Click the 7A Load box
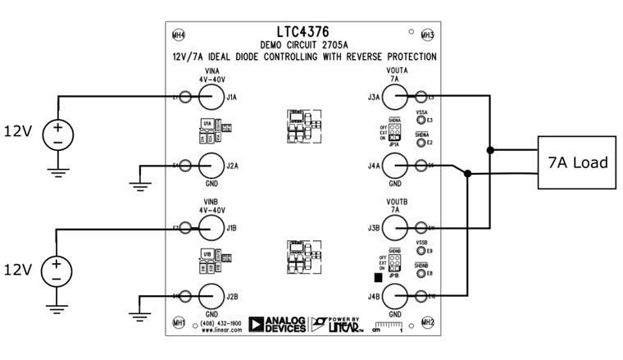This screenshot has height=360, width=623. point(577,162)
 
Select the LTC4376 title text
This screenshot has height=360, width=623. point(303,32)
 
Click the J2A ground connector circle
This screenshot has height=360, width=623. point(211,166)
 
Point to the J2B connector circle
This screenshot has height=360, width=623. point(211,295)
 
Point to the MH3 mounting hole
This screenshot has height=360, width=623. point(427,35)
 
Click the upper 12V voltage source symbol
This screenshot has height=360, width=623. point(57,131)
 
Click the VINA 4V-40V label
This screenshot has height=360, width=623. point(211,75)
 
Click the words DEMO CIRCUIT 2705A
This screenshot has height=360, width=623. point(303,44)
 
